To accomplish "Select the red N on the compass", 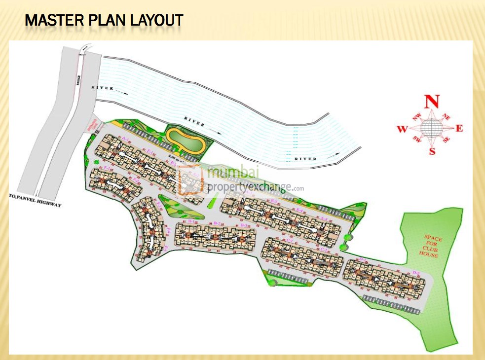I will (x=432, y=101).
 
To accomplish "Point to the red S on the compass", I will (x=432, y=151).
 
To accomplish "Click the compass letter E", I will (x=459, y=129).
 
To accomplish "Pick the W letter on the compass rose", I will (x=402, y=129).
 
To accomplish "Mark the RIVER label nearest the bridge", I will (x=102, y=88).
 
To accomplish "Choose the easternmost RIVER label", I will (x=306, y=159).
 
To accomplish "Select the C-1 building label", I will (x=290, y=241).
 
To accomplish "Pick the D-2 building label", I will (x=415, y=273).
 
